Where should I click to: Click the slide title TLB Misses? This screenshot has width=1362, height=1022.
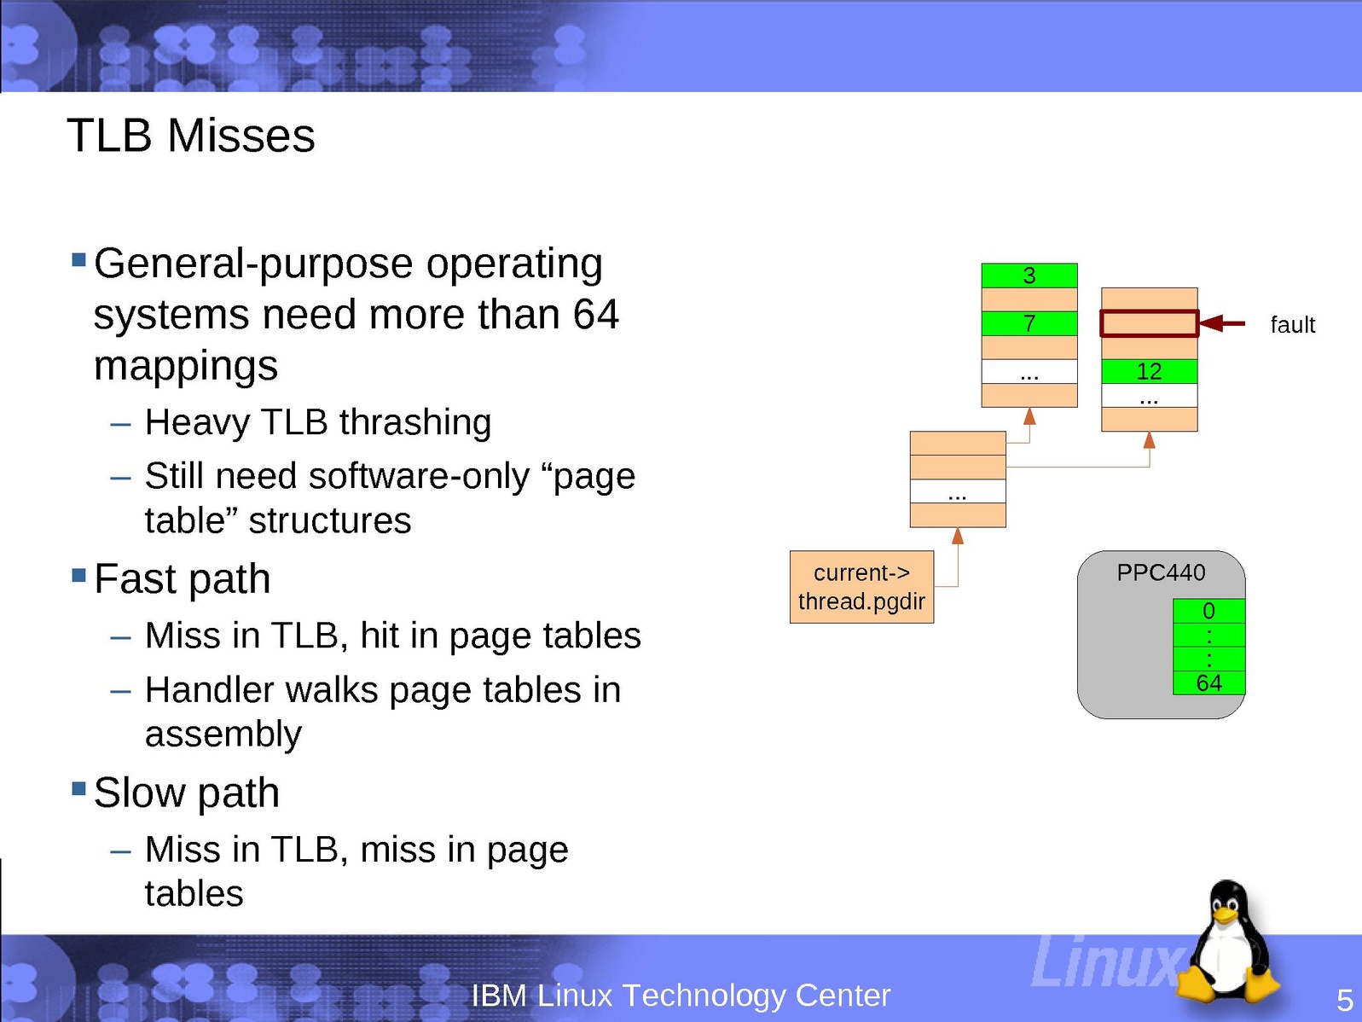click(x=190, y=135)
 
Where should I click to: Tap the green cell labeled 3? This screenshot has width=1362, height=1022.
click(x=1029, y=276)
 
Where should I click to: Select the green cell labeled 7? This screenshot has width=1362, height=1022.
click(x=1029, y=323)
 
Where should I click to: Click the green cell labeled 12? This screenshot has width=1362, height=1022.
click(x=1149, y=371)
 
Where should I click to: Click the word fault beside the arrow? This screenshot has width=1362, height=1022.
click(x=1293, y=324)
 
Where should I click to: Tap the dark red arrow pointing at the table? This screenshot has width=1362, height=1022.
click(x=1222, y=323)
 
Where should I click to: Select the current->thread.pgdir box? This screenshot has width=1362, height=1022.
click(x=861, y=586)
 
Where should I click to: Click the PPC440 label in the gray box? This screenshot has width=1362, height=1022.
click(x=1161, y=572)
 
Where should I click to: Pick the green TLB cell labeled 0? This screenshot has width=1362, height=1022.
click(x=1208, y=611)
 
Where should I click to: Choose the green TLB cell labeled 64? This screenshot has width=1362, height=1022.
click(x=1208, y=682)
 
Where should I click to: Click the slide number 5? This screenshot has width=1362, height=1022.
click(x=1344, y=1000)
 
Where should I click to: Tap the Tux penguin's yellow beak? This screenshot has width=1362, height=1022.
click(x=1226, y=915)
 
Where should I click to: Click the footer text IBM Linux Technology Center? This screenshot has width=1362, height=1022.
click(x=681, y=996)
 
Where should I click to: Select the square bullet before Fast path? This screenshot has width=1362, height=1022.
click(x=78, y=575)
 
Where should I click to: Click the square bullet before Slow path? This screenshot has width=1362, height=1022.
click(x=78, y=788)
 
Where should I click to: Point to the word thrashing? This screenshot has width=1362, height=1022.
click(x=415, y=423)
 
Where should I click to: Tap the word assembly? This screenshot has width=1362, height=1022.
click(x=223, y=735)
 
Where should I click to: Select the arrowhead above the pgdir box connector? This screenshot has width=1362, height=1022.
click(x=958, y=536)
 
